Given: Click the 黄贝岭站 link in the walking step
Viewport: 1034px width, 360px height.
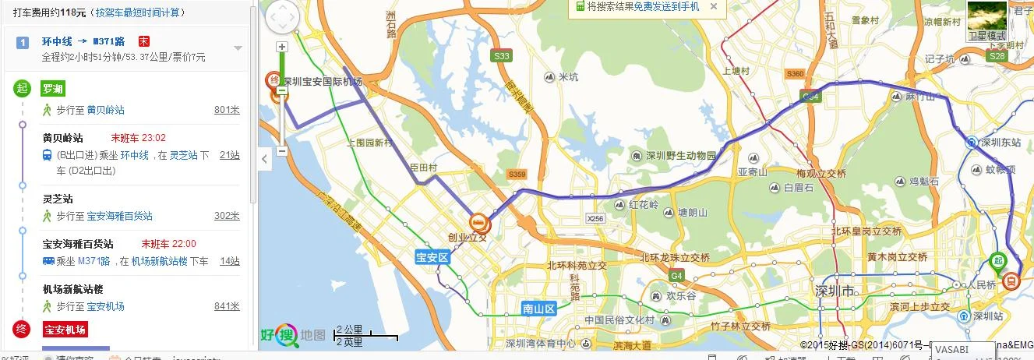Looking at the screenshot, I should click(x=105, y=110).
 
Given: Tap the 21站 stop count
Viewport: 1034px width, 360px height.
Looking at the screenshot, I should click(x=229, y=155).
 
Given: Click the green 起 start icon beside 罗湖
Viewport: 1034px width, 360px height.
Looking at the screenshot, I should click(x=21, y=88).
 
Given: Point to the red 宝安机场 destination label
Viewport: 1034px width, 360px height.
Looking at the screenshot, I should click(x=65, y=329).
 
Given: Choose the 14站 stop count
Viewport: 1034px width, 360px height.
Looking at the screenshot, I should click(x=229, y=261).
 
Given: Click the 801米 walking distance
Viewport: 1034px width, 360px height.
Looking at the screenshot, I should click(x=227, y=110).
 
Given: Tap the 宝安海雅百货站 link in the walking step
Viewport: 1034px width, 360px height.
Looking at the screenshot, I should click(x=119, y=216).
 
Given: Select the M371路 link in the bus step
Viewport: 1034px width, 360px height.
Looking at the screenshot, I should click(x=94, y=261).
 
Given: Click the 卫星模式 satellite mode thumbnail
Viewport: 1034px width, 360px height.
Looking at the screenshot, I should click(x=986, y=22).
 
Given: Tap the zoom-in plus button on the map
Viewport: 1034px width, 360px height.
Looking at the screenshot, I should click(x=282, y=47).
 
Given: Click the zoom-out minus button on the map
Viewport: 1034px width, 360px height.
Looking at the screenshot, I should click(x=282, y=150).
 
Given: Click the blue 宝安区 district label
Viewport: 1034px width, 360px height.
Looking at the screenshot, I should click(x=432, y=256).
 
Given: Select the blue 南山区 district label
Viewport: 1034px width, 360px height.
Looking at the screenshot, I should click(x=538, y=309).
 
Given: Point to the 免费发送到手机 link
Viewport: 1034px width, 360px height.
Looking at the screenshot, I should click(x=666, y=6).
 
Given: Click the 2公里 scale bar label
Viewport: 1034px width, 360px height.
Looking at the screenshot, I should click(x=349, y=330).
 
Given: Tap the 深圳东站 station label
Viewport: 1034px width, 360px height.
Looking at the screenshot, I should click(x=1000, y=143).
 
